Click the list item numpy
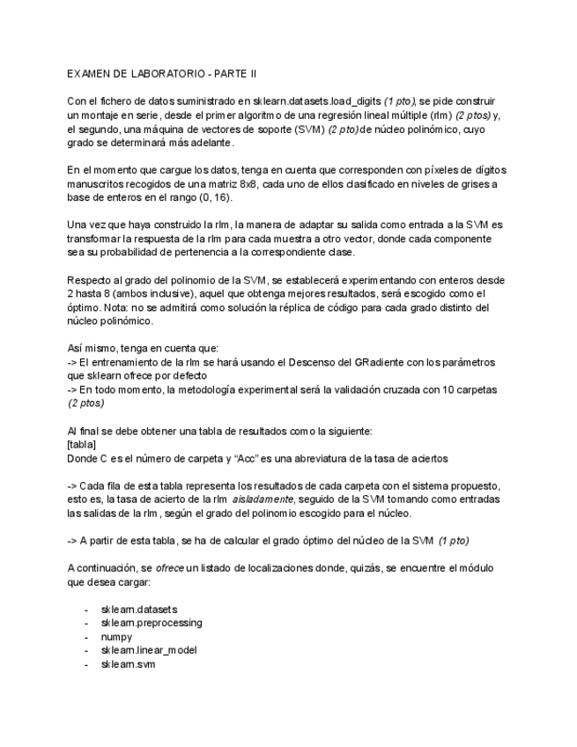117,636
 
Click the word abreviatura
325,458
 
